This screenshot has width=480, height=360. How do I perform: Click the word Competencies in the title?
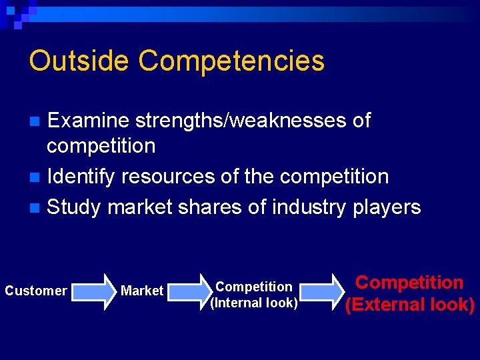(x=231, y=61)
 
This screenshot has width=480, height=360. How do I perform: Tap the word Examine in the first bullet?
(x=90, y=121)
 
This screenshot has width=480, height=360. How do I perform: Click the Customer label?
(x=36, y=291)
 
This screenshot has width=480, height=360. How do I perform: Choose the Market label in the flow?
(x=142, y=291)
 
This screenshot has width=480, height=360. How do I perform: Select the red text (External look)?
(x=409, y=305)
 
